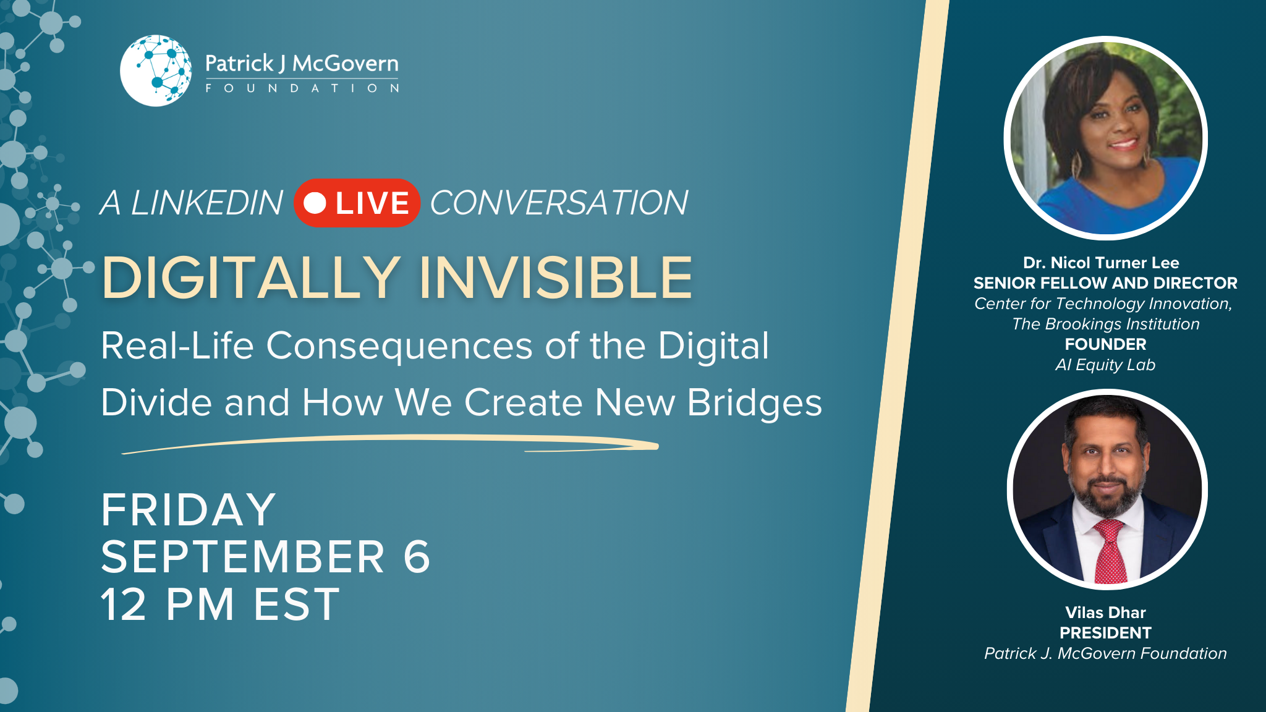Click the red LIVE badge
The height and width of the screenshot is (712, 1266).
[x=357, y=203]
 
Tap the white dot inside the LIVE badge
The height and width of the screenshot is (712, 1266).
[x=315, y=203]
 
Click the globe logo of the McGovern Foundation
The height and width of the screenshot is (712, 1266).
[x=156, y=70]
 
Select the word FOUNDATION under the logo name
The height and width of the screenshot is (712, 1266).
[x=302, y=88]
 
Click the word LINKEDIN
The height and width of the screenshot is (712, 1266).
[x=207, y=203]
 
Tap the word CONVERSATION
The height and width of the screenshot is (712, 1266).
[x=559, y=203]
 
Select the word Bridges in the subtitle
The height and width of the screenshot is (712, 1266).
[x=755, y=403]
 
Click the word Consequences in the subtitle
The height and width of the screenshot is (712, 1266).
[x=399, y=345]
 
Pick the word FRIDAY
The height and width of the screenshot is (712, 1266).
[x=189, y=510]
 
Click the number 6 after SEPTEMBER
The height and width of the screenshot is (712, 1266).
[x=417, y=556]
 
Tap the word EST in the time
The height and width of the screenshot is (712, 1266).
[x=297, y=604]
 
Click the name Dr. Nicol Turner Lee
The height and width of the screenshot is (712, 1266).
[x=1101, y=263]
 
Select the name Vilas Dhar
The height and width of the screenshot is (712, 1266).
[x=1105, y=612]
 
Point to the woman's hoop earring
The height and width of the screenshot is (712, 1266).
[x=1077, y=164]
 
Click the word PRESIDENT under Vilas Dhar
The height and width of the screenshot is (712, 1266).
[x=1105, y=633]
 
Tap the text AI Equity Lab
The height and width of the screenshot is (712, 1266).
[x=1105, y=365]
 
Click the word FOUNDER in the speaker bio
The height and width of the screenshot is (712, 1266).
[x=1105, y=344]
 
